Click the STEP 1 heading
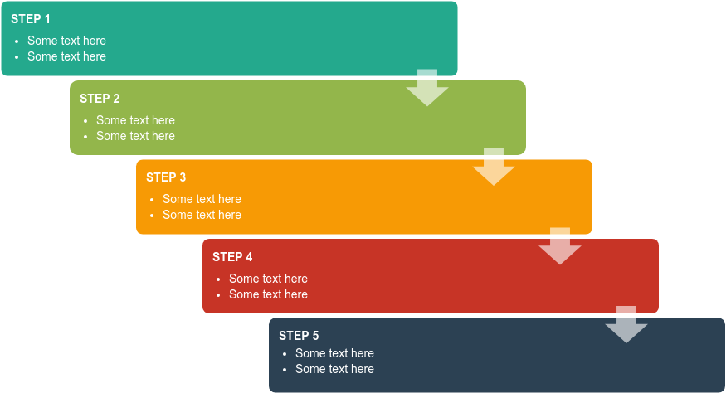tap(31, 19)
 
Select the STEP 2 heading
tap(100, 99)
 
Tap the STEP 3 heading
tap(166, 177)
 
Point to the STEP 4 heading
tap(232, 257)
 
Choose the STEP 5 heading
tap(299, 336)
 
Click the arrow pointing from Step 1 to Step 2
tap(427, 89)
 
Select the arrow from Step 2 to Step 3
tap(494, 168)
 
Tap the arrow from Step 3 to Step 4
tap(560, 247)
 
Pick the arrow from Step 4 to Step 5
tap(626, 326)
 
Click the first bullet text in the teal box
tap(66, 41)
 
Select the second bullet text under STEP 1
tap(66, 56)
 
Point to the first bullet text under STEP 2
tap(135, 120)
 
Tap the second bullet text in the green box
tap(135, 136)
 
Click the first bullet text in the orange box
tap(202, 199)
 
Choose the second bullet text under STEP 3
tap(202, 215)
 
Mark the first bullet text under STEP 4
tap(268, 279)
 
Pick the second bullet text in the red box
tap(268, 294)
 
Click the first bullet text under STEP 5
tap(334, 353)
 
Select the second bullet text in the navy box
tap(334, 369)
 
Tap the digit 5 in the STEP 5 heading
tap(315, 336)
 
